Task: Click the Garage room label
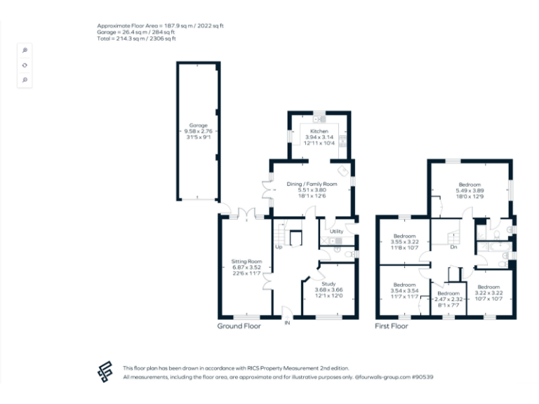coord(198,125)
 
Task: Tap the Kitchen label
coord(319,131)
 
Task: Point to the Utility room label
coord(336,231)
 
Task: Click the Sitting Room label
coord(246,261)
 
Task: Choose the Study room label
coord(328,284)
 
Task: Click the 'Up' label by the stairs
coord(279,247)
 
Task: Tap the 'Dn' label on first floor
coord(454,247)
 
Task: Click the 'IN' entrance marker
coord(286,323)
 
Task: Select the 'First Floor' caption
coord(392,325)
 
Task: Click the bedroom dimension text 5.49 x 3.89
coord(470,191)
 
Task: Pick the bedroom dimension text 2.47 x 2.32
coord(448,299)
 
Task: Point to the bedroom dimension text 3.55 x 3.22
coord(404,242)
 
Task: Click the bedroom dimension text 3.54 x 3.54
coord(404,290)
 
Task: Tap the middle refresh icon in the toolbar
coord(25,65)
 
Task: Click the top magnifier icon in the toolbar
coord(25,50)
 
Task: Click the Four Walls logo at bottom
coord(106,372)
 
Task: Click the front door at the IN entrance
coord(286,313)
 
